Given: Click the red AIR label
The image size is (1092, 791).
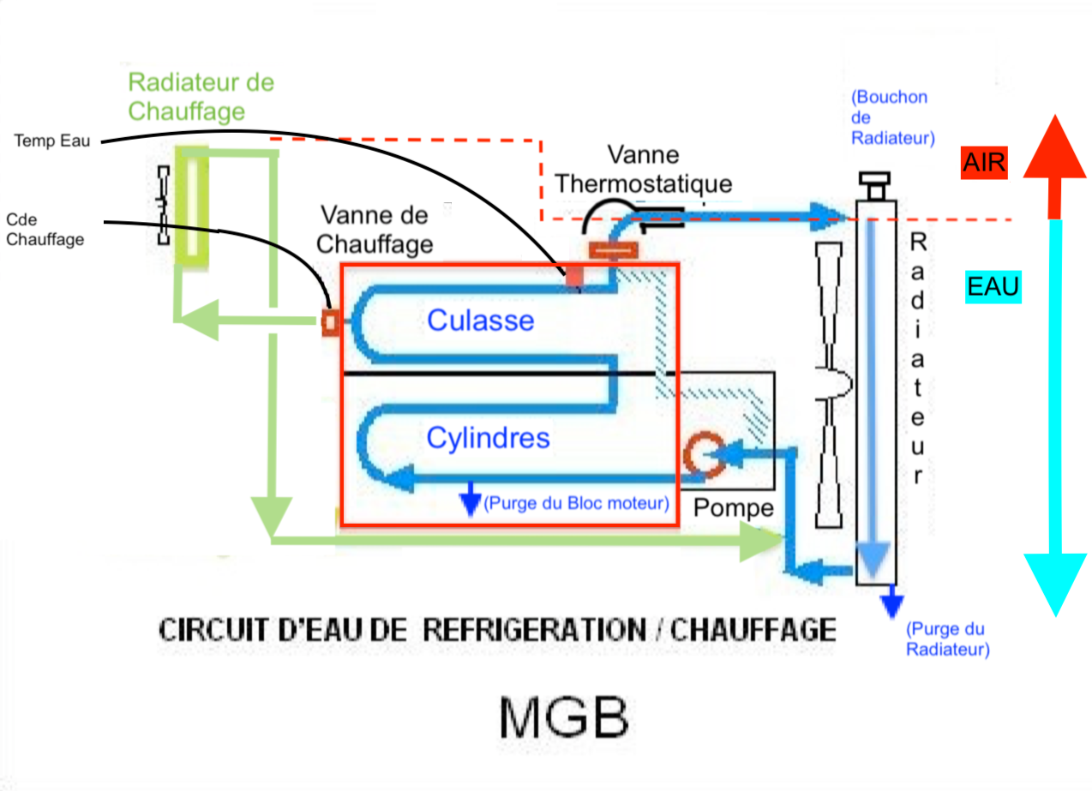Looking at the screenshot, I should pyautogui.click(x=983, y=163).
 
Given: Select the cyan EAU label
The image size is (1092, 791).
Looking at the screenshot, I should pyautogui.click(x=993, y=286).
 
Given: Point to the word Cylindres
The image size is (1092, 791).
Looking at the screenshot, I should pyautogui.click(x=488, y=438).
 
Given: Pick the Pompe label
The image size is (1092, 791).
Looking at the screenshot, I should pyautogui.click(x=733, y=507).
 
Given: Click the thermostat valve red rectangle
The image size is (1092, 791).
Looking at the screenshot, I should pyautogui.click(x=612, y=250).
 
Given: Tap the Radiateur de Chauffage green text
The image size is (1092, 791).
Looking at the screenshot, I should pyautogui.click(x=201, y=97).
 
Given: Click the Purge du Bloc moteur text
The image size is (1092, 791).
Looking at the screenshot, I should pyautogui.click(x=576, y=503).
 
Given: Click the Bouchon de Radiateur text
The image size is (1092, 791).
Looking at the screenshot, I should pyautogui.click(x=892, y=117).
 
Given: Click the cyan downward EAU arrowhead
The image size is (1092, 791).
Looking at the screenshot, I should pyautogui.click(x=1055, y=583).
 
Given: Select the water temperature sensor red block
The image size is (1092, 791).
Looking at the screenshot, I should pyautogui.click(x=573, y=277).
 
